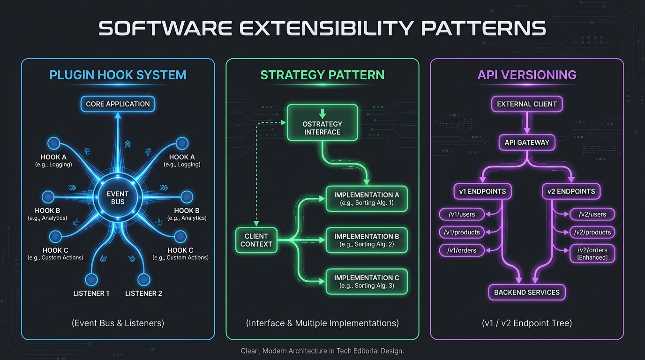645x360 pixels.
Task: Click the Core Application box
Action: click(x=118, y=104)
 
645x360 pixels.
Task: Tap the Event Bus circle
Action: click(x=118, y=198)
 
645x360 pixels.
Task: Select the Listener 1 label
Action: click(x=91, y=293)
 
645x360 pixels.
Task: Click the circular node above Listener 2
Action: click(x=143, y=280)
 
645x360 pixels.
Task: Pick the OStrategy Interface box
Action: click(x=322, y=123)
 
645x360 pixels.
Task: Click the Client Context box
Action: click(x=256, y=240)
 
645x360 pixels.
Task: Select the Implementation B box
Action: click(x=367, y=240)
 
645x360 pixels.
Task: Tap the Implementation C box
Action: click(x=367, y=281)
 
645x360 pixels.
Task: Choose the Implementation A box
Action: click(x=367, y=199)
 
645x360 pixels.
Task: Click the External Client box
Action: click(x=527, y=104)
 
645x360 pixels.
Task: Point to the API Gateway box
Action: click(x=527, y=142)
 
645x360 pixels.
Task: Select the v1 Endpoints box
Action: click(x=483, y=191)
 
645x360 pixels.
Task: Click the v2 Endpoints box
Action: click(x=571, y=191)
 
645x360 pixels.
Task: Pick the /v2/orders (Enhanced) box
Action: click(x=592, y=254)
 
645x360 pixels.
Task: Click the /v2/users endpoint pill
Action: click(x=592, y=214)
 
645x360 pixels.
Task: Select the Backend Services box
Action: click(x=527, y=292)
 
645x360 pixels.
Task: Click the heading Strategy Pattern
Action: click(x=322, y=75)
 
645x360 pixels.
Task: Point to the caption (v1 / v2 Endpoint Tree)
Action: click(x=527, y=323)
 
